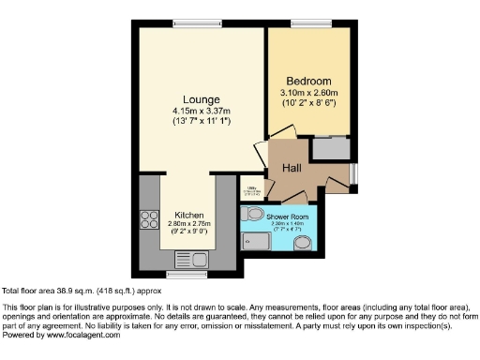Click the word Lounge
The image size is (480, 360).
click(202, 99)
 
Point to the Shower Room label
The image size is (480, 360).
click(292, 217)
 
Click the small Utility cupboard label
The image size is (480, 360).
click(251, 187)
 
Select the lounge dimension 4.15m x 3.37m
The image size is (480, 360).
click(202, 112)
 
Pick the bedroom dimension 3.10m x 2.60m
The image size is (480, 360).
click(308, 93)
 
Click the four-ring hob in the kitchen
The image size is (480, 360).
click(149, 221)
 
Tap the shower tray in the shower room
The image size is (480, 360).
click(254, 245)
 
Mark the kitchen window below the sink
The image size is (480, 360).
click(187, 274)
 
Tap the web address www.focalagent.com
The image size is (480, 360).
click(82, 335)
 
